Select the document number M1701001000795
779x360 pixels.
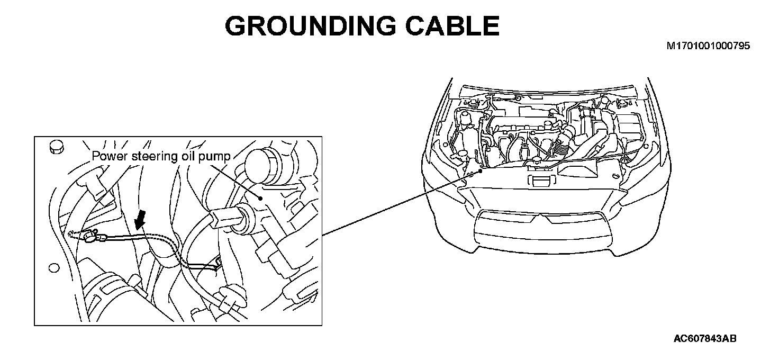[708, 47]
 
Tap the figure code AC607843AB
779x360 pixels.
[705, 338]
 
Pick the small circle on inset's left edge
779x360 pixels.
[53, 268]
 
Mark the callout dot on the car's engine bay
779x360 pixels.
[481, 170]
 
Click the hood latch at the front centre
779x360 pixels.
[540, 181]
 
